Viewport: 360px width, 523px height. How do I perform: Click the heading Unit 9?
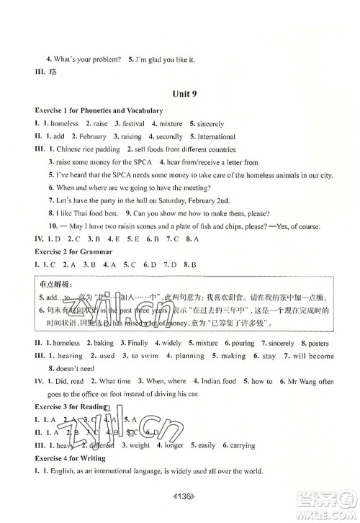(x=179, y=94)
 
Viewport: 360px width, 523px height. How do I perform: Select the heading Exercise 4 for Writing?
(x=66, y=457)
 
